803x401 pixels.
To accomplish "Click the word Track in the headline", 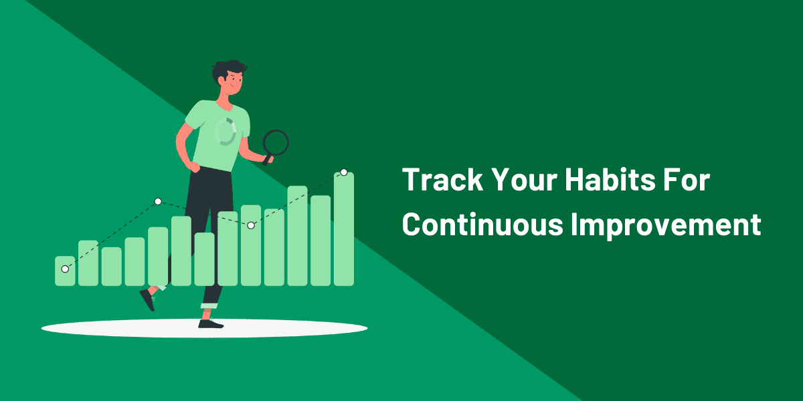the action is point(443,180).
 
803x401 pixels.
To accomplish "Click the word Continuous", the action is point(482,224).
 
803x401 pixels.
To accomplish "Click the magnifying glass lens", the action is point(276,142).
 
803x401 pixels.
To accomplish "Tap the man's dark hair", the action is point(228,70).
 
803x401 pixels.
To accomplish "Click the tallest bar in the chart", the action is point(344,229).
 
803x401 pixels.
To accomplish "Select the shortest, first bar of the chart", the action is point(65,271).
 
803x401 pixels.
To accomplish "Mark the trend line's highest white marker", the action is point(344,172).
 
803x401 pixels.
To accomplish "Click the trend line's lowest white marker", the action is point(65,269).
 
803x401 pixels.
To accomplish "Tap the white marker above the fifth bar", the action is point(158,202).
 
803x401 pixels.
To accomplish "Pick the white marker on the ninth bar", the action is point(251,225).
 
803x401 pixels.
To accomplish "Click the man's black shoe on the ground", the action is point(211,324).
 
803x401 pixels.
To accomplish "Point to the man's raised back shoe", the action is point(147,299).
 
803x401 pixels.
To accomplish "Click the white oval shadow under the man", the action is point(204,328).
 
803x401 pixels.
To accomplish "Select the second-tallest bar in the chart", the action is point(298,236).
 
